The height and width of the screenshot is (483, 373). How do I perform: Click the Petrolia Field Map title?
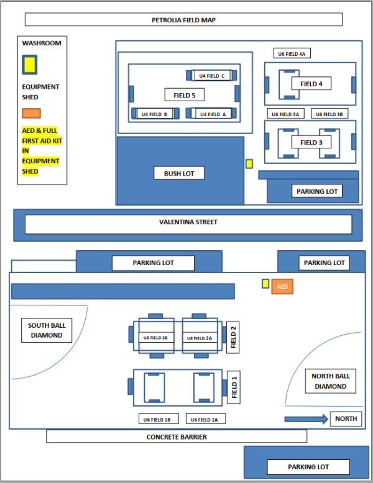pos(183,20)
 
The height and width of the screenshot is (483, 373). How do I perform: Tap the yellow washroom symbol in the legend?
pos(29,64)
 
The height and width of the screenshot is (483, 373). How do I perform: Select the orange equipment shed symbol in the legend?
pos(31,113)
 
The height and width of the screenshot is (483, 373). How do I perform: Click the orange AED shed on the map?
pos(282,286)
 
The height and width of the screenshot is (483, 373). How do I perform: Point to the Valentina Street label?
pos(188,222)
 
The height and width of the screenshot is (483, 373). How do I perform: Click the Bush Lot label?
pos(179,173)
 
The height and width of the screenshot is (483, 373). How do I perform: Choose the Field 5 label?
pos(185,95)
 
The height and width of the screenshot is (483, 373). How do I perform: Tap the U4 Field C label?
pos(213,76)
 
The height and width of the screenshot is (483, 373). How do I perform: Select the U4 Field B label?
pos(154,114)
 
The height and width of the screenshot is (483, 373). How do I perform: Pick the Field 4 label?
pos(311,84)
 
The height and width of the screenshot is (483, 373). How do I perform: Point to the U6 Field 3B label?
pos(329,114)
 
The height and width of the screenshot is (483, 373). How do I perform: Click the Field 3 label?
pos(311,142)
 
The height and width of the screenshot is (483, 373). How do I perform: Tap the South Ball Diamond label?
pos(46,330)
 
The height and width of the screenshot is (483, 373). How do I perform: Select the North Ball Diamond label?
pos(330,381)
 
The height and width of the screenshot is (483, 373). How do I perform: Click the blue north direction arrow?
pos(305,419)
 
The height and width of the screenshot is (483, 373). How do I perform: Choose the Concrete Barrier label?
pos(177,437)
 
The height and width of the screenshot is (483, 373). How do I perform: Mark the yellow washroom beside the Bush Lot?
pos(249,164)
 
